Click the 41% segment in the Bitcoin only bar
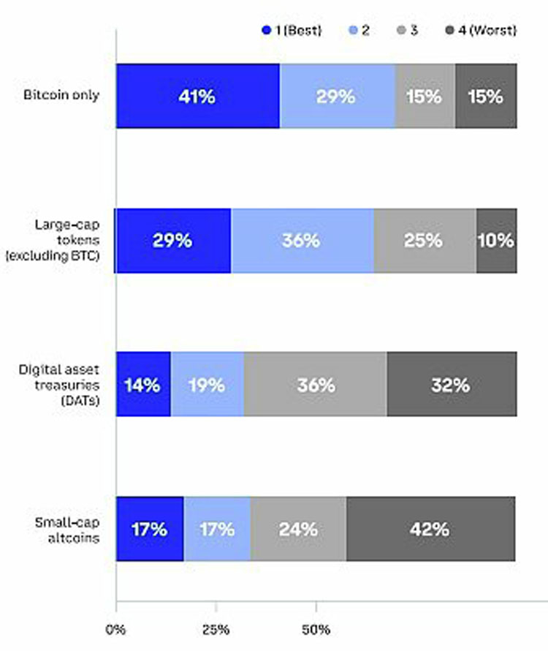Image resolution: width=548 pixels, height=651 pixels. tap(197, 97)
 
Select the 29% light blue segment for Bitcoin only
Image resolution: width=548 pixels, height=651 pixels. tap(337, 97)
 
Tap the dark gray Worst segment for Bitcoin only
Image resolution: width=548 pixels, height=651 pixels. tap(486, 97)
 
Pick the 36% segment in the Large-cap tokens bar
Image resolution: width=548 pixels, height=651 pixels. tap(302, 241)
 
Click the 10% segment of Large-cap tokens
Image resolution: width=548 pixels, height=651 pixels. tap(497, 241)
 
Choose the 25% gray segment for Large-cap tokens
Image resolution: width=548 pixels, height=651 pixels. tap(425, 241)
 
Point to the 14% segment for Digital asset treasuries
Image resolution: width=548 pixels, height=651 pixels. tap(143, 385)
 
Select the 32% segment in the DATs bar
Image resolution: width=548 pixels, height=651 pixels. tap(452, 385)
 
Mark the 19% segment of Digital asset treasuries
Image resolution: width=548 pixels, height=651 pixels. tap(207, 385)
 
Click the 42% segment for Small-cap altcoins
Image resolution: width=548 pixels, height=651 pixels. tap(430, 529)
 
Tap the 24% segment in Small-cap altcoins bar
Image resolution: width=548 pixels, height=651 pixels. tap(298, 529)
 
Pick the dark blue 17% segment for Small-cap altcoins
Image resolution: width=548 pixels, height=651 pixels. tap(150, 529)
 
